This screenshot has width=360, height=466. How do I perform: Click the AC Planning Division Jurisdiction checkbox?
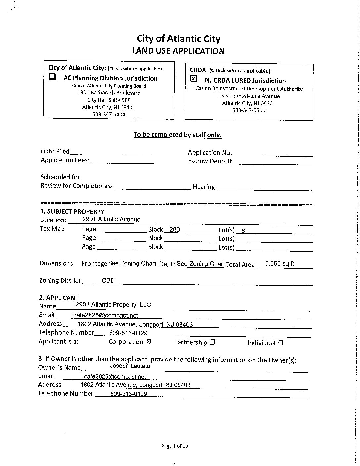[x=52, y=77]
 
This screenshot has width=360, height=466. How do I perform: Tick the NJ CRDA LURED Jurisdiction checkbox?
[x=194, y=79]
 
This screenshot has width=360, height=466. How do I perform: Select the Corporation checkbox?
[x=149, y=342]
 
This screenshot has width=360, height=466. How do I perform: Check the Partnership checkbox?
[x=212, y=342]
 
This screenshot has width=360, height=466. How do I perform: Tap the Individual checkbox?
[x=281, y=343]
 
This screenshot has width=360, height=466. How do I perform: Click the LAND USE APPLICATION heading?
[x=178, y=51]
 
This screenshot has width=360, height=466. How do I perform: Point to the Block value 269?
[x=174, y=230]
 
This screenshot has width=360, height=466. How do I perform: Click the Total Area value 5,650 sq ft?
[x=280, y=264]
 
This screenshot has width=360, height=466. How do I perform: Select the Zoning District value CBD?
[x=108, y=280]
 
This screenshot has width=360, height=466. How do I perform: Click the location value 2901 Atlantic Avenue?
[x=111, y=219]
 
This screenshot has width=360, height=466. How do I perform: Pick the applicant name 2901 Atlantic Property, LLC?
[x=113, y=305]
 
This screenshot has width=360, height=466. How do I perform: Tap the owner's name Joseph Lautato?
[x=130, y=366]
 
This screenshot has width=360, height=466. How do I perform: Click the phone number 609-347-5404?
[x=109, y=115]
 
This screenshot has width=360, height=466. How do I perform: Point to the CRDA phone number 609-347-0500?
[x=249, y=110]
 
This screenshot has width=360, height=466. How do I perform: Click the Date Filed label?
[x=55, y=151]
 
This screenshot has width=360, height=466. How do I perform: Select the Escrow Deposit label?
[x=210, y=161]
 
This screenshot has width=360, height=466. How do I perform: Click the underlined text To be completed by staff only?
[x=177, y=135]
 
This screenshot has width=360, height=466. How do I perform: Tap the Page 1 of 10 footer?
[x=175, y=446]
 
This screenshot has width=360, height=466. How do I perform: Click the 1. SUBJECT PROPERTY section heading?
[x=72, y=211]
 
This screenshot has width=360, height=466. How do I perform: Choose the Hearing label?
[x=204, y=187]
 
